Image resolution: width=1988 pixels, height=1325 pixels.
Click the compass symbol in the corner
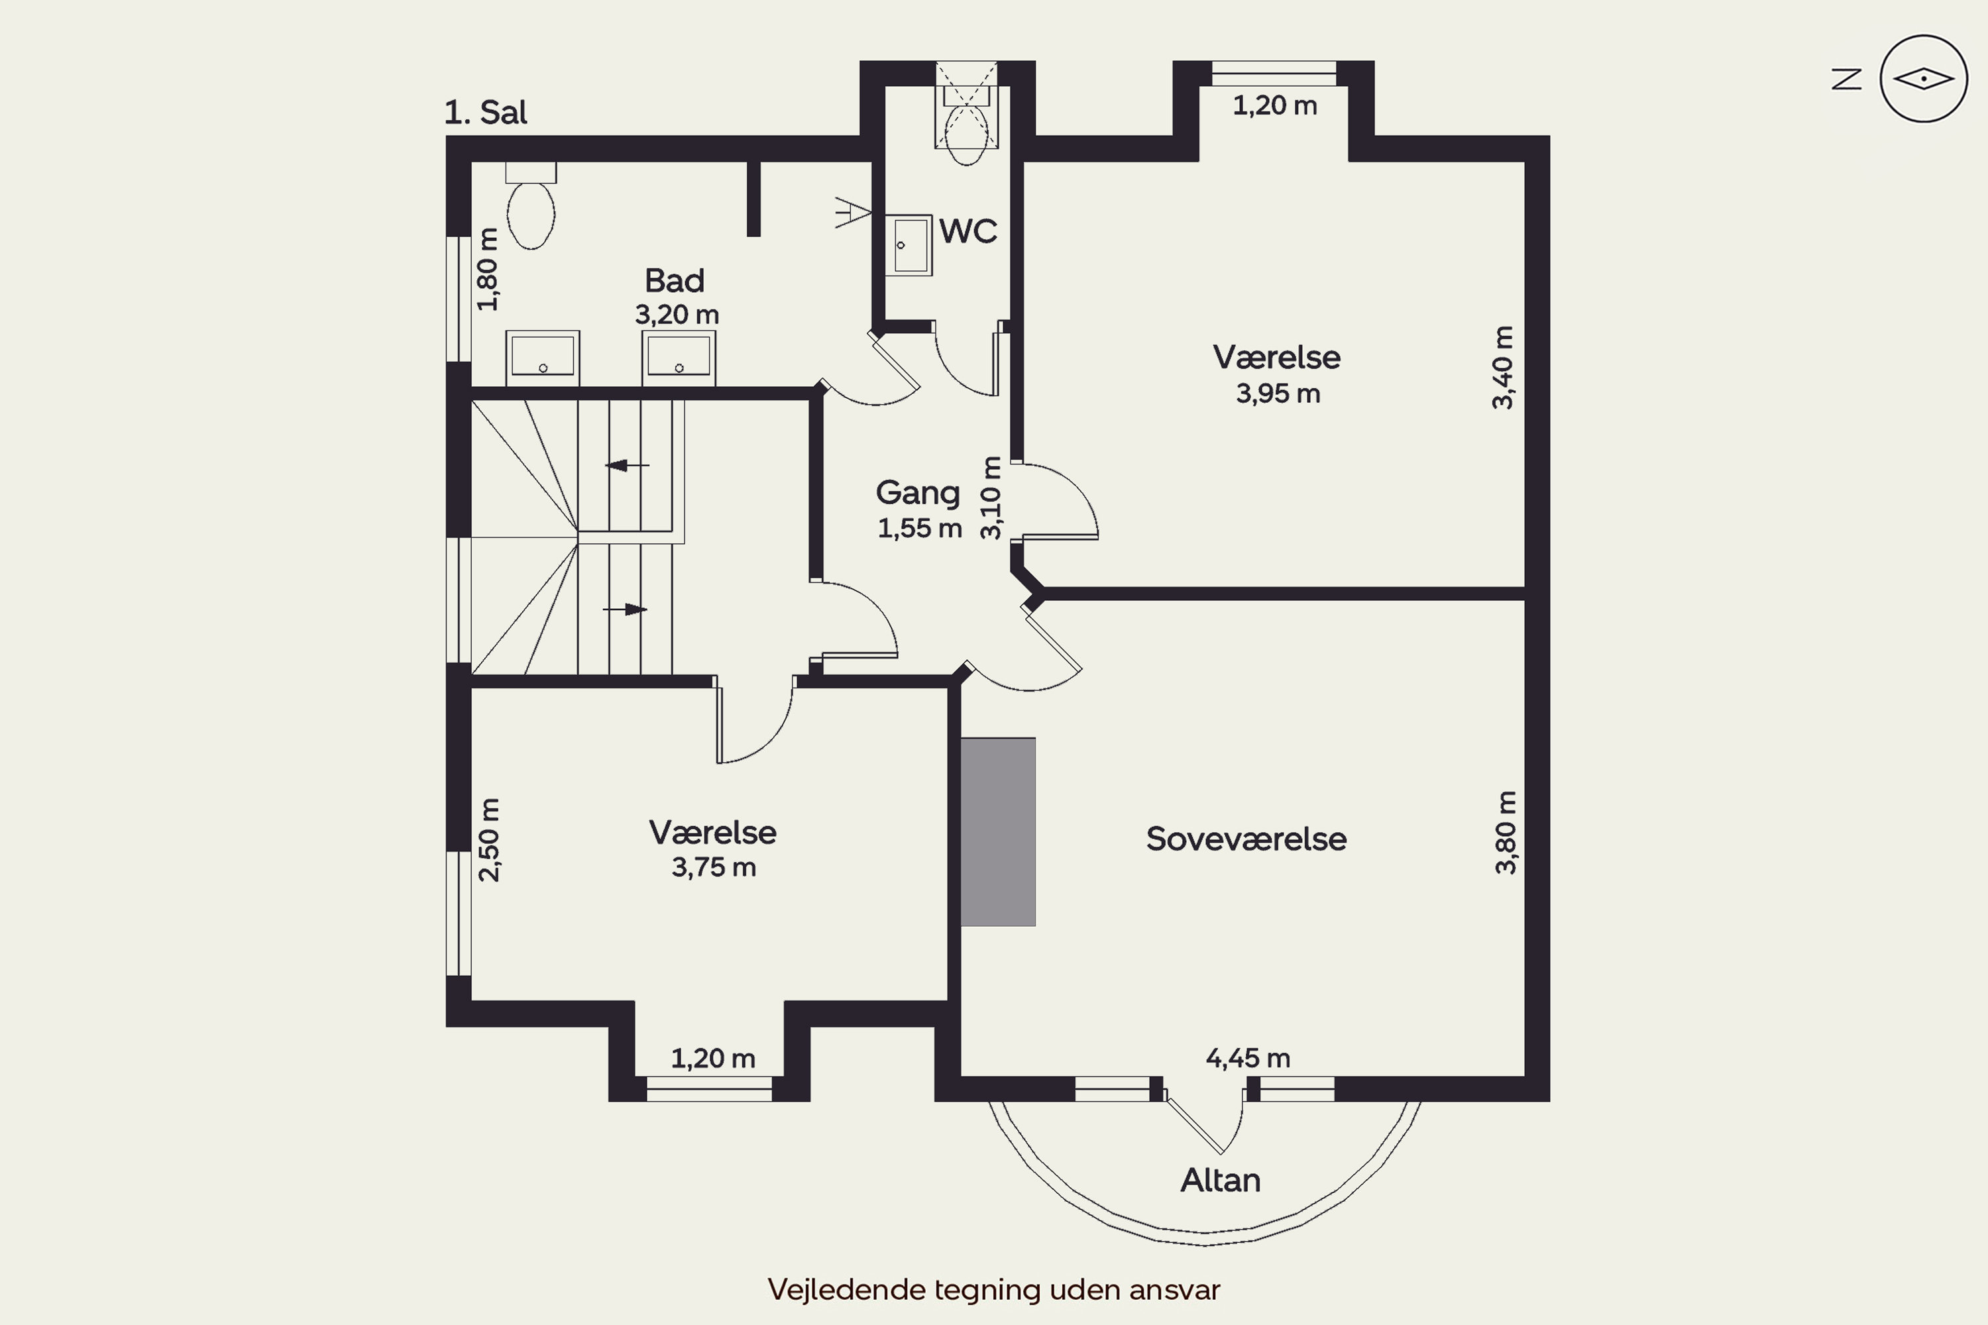(x=1923, y=79)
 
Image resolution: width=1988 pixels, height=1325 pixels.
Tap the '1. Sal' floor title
(x=486, y=113)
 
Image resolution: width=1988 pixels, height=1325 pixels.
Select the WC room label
(x=967, y=231)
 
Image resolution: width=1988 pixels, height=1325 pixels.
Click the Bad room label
(x=675, y=280)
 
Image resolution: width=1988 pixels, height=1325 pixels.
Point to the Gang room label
(x=918, y=494)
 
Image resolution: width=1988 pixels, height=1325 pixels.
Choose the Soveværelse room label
(x=1246, y=839)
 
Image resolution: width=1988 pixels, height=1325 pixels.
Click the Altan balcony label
(x=1221, y=1180)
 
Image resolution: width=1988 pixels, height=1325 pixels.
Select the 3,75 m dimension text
(x=714, y=868)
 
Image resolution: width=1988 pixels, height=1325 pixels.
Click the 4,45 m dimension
(x=1248, y=1058)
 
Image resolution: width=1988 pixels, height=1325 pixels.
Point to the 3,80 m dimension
(x=1506, y=832)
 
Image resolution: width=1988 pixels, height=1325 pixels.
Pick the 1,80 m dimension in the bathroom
(x=488, y=270)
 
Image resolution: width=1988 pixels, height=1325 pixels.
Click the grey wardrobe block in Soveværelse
(x=998, y=831)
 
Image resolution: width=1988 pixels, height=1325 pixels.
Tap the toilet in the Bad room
(x=531, y=206)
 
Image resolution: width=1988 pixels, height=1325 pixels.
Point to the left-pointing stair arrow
(x=627, y=465)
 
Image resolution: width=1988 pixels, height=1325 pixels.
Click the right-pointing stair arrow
(x=625, y=609)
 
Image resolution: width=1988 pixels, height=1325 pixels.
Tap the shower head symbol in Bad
(x=853, y=212)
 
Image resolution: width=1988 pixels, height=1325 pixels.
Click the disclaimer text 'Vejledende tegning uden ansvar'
(x=994, y=1289)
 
